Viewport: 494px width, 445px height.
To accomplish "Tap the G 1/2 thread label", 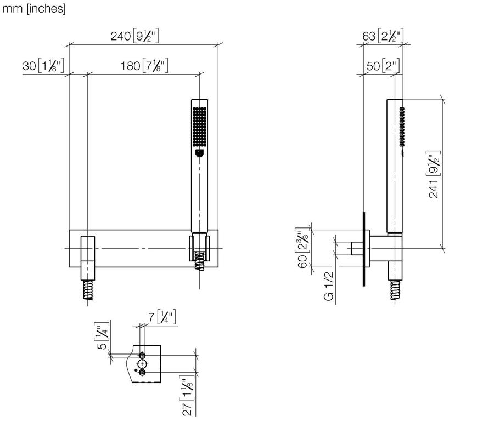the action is click(328, 286).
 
